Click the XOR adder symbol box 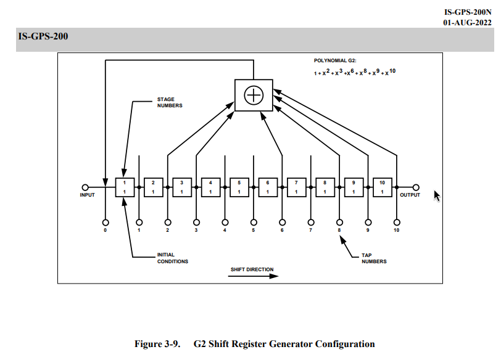254,95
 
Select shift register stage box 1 125,187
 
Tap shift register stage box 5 239,187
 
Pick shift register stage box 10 383,187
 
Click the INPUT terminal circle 85,187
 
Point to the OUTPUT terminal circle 416,187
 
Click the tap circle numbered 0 106,223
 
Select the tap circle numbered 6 282,223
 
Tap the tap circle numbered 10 397,223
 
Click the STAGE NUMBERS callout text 170,102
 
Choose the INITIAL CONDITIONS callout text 173,258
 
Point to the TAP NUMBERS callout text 374,258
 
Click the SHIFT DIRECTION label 252,269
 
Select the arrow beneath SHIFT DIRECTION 254,276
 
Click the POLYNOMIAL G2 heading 335,60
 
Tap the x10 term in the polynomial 391,72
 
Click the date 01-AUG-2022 467,22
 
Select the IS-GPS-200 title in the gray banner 43,36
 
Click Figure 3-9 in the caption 157,344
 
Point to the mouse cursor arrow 437,195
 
